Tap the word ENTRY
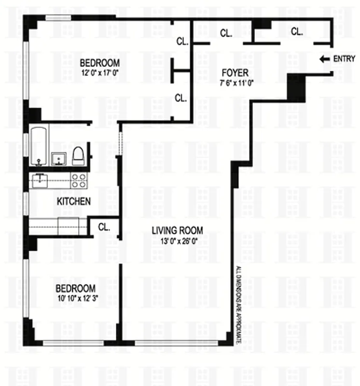pyautogui.click(x=344, y=59)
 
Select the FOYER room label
pyautogui.click(x=235, y=73)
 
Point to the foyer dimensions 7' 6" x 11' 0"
pyautogui.click(x=235, y=82)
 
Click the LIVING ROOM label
pyautogui.click(x=176, y=230)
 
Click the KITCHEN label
pyautogui.click(x=73, y=201)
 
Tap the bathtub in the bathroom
pyautogui.click(x=38, y=145)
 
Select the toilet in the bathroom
pyautogui.click(x=79, y=155)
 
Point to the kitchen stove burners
pyautogui.click(x=79, y=180)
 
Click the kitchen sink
pyautogui.click(x=39, y=180)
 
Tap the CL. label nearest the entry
pyautogui.click(x=296, y=32)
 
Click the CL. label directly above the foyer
pyautogui.click(x=225, y=33)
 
